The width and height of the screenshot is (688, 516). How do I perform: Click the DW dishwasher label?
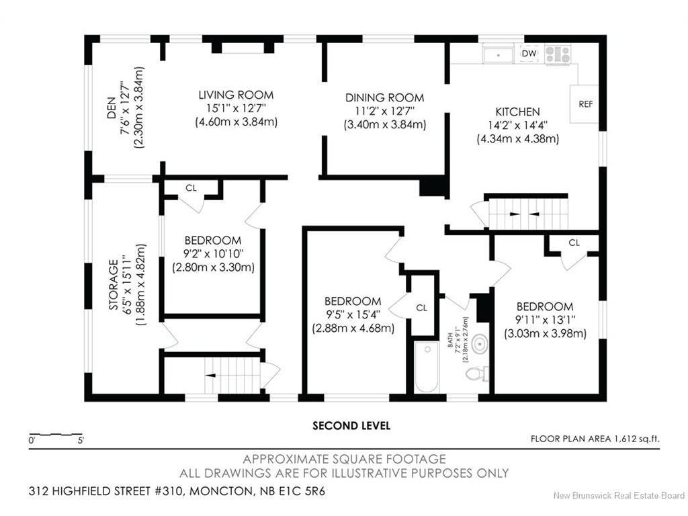(529, 54)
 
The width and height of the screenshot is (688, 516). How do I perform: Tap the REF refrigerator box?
(585, 104)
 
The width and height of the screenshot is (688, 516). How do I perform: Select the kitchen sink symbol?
(498, 55)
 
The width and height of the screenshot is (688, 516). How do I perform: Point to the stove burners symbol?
(558, 54)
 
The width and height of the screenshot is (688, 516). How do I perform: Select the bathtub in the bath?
(427, 367)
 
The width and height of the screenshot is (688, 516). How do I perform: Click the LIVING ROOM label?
(236, 95)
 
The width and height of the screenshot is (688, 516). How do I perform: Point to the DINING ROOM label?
(384, 97)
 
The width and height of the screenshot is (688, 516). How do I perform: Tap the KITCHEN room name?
(518, 112)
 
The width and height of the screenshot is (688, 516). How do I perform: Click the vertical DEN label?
(112, 108)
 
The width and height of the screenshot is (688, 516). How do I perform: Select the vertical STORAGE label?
(114, 285)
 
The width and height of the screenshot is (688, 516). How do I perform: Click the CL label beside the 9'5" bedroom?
(422, 308)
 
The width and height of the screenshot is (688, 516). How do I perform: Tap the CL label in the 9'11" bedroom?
(574, 243)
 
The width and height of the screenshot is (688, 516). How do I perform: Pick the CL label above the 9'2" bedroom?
(191, 188)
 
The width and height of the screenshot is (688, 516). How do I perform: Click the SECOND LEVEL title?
(351, 425)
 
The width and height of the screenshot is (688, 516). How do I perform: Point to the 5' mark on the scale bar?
(81, 440)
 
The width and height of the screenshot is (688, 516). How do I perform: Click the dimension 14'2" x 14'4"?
(518, 126)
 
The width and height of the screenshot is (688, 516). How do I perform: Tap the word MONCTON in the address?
(219, 491)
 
